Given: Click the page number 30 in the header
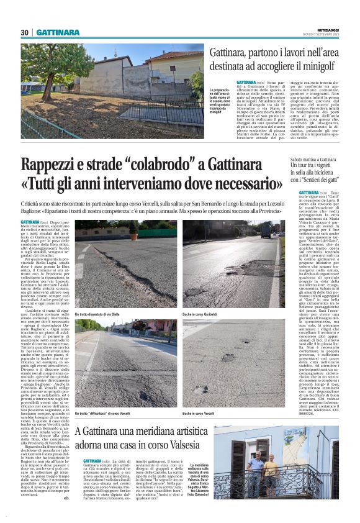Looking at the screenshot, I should [x=25, y=32].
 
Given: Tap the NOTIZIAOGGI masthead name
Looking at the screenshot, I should [x=326, y=29].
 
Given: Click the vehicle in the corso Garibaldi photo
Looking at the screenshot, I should [x=266, y=232].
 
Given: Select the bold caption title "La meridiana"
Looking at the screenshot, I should [x=200, y=465].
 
